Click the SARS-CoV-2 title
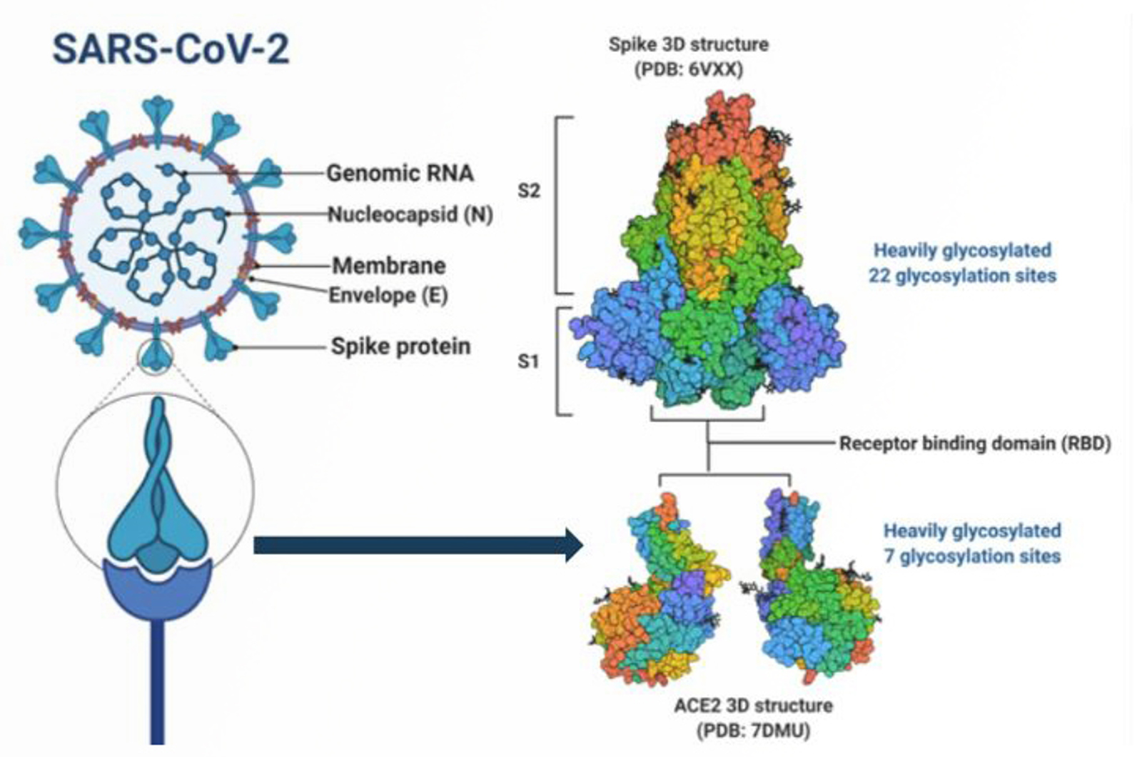(171, 50)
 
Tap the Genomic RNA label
(400, 173)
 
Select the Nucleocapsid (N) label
(410, 214)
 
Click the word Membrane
(389, 266)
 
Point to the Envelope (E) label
(388, 295)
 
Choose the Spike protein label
(400, 346)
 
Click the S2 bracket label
(529, 191)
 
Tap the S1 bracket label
(528, 361)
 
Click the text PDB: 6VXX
(688, 70)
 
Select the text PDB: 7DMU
(753, 731)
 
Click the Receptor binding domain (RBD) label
(975, 443)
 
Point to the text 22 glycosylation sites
(962, 276)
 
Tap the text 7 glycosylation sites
(972, 556)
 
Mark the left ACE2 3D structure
(657, 593)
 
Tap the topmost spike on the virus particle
(158, 114)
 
